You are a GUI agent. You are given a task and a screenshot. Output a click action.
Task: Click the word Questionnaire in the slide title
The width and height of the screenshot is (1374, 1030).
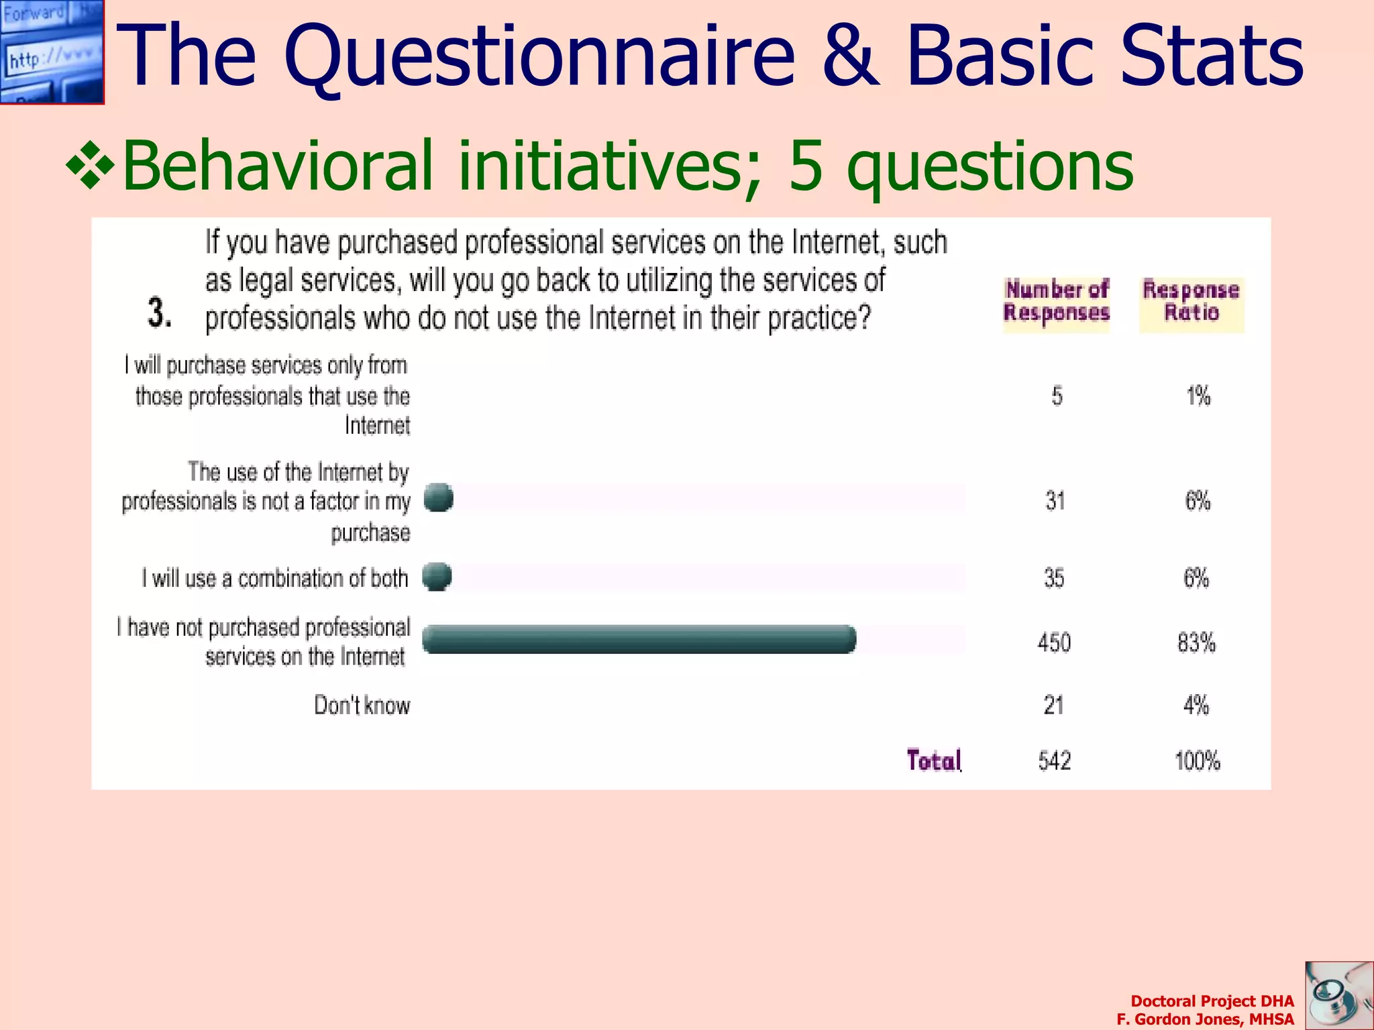coord(539,56)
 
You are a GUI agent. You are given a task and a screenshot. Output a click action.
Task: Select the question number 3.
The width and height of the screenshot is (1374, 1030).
coord(159,312)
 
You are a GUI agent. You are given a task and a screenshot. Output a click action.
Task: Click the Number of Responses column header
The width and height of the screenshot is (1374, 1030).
coord(1056,302)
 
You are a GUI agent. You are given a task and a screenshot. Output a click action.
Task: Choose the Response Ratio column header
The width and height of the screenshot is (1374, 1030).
coord(1192,302)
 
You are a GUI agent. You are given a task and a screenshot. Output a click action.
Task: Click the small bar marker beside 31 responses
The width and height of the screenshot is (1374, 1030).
coord(439,498)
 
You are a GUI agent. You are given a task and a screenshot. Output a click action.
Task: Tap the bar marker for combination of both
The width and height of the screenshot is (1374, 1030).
coord(437,577)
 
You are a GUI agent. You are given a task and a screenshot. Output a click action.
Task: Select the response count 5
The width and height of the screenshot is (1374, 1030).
coord(1057,396)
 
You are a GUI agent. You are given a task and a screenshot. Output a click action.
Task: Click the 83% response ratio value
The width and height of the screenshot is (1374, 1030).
coord(1196,642)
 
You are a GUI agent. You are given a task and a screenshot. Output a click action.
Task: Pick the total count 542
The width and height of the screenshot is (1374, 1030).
coord(1054,761)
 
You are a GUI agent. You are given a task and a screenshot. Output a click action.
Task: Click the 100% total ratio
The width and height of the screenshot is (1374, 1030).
coord(1197,761)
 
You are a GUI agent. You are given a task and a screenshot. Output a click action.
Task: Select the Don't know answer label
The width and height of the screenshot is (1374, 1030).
coord(362,705)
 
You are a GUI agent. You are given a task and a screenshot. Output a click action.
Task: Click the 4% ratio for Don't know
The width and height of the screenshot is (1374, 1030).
coord(1196,705)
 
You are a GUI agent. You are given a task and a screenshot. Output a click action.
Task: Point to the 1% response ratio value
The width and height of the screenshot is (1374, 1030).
coord(1198,396)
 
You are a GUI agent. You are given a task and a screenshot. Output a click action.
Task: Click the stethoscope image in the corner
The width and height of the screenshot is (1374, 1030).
coord(1338,995)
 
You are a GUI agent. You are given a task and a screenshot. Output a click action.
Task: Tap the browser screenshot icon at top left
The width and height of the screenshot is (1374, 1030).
coord(52,52)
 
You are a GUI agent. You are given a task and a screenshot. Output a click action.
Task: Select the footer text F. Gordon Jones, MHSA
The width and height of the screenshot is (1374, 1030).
coord(1205,1019)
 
